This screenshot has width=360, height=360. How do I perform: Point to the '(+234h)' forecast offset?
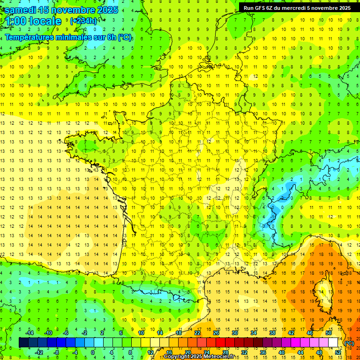83,21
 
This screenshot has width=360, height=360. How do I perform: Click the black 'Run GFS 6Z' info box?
297,7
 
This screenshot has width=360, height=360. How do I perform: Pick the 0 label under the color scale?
93,352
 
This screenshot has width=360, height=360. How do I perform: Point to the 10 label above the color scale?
141,333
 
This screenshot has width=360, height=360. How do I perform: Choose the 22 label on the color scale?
197,333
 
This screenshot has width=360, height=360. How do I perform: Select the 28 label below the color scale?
225,352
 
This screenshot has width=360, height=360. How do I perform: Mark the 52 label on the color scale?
338,352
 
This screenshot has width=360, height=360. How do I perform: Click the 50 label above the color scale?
328,333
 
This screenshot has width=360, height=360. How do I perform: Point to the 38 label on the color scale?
272,333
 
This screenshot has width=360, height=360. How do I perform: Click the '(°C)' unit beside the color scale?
349,343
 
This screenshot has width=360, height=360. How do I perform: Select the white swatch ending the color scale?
333,343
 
